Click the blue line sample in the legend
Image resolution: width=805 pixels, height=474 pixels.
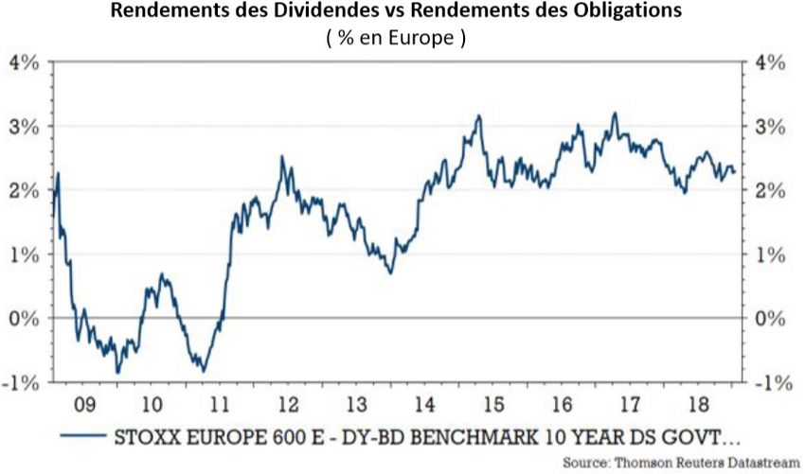[80, 437]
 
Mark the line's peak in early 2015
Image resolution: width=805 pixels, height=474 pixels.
[479, 116]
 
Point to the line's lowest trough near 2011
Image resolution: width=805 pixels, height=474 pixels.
[203, 370]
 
